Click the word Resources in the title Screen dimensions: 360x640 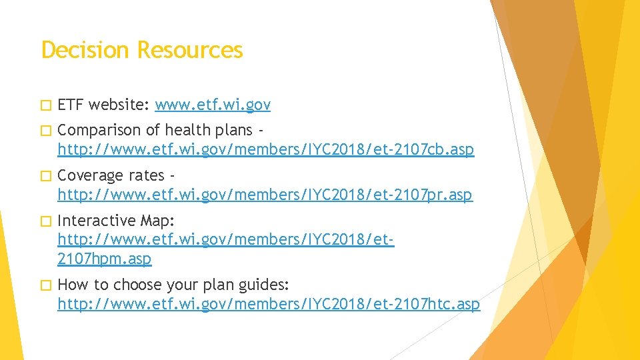pyautogui.click(x=190, y=50)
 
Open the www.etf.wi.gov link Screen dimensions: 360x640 pyautogui.click(x=213, y=105)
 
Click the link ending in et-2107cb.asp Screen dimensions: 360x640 pyautogui.click(x=266, y=150)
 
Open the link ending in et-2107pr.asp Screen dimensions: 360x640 pyautogui.click(x=265, y=195)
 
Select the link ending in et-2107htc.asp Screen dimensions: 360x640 pyautogui.click(x=269, y=305)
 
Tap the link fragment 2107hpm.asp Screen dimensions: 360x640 pyautogui.click(x=105, y=259)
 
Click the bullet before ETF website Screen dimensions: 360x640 pyautogui.click(x=45, y=105)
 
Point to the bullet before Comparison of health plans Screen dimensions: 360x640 pyautogui.click(x=45, y=130)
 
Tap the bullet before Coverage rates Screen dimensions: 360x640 pyautogui.click(x=45, y=175)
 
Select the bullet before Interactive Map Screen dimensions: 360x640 pyautogui.click(x=45, y=221)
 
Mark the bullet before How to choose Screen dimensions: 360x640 pyautogui.click(x=45, y=285)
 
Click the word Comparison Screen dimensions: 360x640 pyautogui.click(x=99, y=130)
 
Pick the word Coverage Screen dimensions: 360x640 pyautogui.click(x=91, y=175)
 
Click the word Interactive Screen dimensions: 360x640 pyautogui.click(x=97, y=221)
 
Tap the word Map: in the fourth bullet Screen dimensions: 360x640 pyautogui.click(x=157, y=221)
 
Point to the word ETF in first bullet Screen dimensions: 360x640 pyautogui.click(x=70, y=105)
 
